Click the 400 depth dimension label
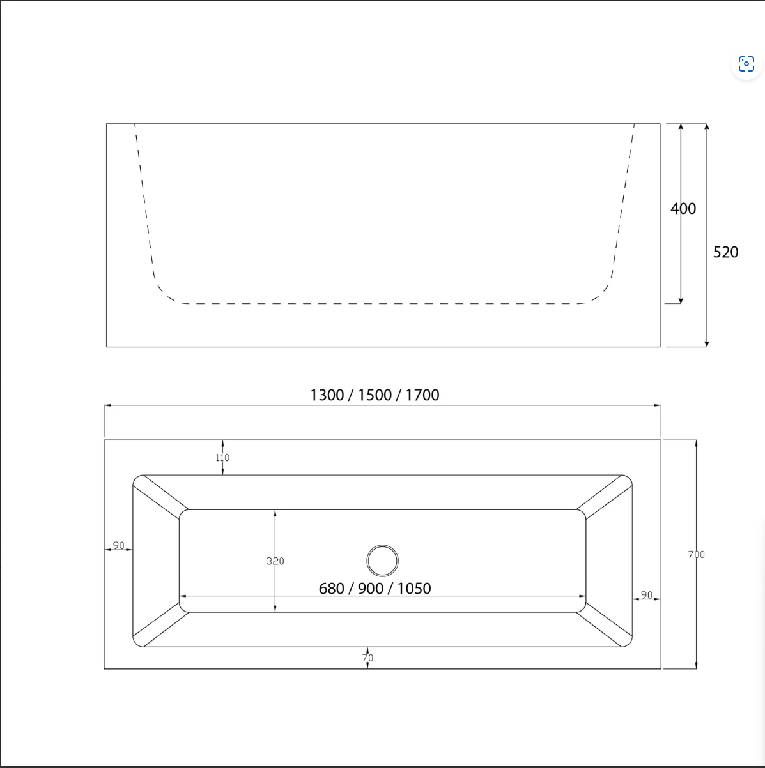[683, 209]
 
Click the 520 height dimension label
[725, 252]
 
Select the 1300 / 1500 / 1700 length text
[375, 395]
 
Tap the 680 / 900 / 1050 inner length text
[375, 589]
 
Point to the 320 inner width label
[275, 561]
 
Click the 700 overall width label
[696, 554]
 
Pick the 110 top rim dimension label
[222, 457]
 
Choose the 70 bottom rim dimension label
[367, 658]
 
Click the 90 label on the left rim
[118, 545]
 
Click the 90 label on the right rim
[646, 595]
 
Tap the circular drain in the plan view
[382, 561]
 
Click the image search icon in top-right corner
[746, 64]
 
